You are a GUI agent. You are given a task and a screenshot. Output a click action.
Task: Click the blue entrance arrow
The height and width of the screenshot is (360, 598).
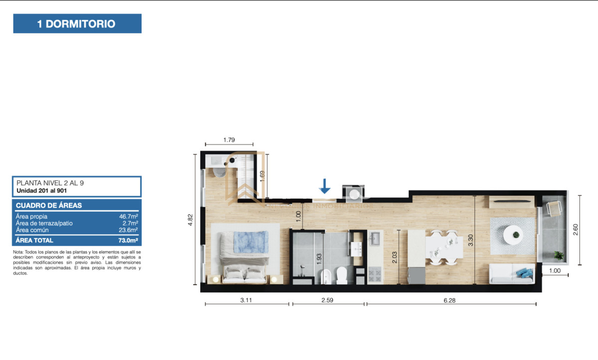click(325, 186)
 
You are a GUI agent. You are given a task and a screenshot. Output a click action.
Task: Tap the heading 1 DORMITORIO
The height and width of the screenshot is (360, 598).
click(77, 23)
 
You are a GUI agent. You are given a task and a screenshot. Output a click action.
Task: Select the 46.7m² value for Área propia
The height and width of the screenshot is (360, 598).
click(128, 217)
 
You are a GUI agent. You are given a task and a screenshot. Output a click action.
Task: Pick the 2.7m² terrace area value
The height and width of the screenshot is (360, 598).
click(130, 224)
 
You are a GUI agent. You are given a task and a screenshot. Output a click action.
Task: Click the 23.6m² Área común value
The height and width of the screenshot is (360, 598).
click(128, 230)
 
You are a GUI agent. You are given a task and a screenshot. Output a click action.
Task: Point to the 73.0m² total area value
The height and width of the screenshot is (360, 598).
click(127, 240)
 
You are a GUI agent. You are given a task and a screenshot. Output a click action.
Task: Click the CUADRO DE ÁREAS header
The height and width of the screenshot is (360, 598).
click(49, 205)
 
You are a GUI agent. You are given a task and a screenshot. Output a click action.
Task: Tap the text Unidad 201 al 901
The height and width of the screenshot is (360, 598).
click(42, 191)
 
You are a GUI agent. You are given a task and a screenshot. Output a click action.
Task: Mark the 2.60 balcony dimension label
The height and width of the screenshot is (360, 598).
click(576, 230)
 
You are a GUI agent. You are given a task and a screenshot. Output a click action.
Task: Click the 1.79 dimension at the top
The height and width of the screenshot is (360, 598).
click(229, 140)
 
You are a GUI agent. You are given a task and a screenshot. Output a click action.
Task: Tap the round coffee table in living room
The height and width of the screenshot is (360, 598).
click(513, 233)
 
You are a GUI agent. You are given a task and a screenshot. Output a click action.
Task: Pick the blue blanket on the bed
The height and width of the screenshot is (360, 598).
click(245, 241)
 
